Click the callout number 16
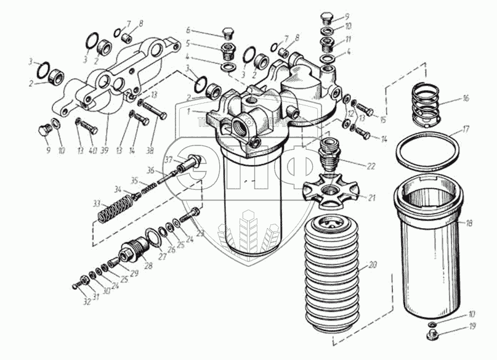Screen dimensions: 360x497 click(466, 98)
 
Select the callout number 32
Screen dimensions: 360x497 click(87, 301)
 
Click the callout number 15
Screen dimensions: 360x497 click(382, 119)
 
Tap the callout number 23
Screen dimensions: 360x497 click(200, 234)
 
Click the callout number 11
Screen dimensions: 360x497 click(349, 38)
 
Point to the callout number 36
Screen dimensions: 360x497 click(151, 170)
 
